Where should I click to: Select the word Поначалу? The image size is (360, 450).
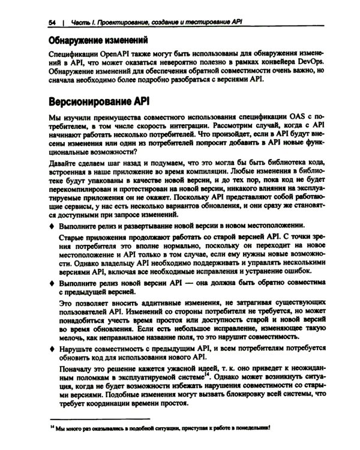click(78, 373)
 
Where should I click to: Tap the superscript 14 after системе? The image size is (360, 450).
click(207, 381)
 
